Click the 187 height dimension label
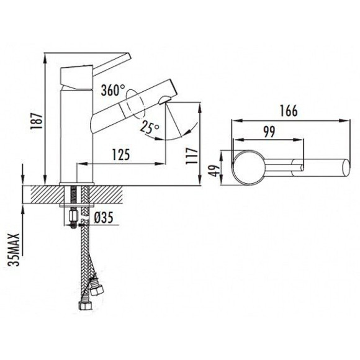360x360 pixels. click(x=37, y=121)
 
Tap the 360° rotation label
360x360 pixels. click(x=113, y=90)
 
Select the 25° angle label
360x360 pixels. click(x=150, y=127)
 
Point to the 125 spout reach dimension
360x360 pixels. click(x=121, y=155)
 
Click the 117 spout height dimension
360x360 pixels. click(x=192, y=156)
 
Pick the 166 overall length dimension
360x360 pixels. click(x=289, y=110)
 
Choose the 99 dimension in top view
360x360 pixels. click(x=269, y=132)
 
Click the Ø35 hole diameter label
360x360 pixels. click(x=104, y=217)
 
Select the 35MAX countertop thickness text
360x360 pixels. click(x=14, y=250)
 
